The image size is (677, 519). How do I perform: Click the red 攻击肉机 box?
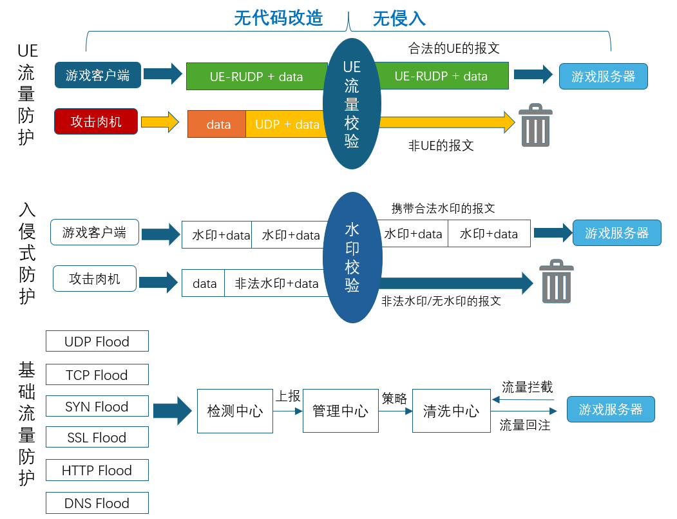(96, 121)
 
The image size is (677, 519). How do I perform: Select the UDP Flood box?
(97, 341)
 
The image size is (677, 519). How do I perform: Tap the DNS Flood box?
(97, 503)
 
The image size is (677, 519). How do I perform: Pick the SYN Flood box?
(97, 406)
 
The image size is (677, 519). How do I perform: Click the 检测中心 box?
(234, 411)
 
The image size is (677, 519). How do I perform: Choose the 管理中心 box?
(340, 411)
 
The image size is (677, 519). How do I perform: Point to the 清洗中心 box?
(451, 411)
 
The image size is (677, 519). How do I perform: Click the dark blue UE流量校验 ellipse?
(351, 103)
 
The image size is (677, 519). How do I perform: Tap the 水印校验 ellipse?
(352, 258)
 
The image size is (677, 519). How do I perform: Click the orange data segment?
(217, 124)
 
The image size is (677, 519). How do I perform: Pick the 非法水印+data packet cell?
(276, 283)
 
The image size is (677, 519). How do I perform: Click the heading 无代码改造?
(278, 18)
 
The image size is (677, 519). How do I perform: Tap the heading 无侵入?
(399, 18)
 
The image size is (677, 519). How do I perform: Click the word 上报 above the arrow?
(288, 397)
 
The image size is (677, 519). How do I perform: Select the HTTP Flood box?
(97, 470)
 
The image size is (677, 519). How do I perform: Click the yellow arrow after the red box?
(159, 122)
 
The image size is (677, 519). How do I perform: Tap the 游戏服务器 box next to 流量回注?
(611, 410)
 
